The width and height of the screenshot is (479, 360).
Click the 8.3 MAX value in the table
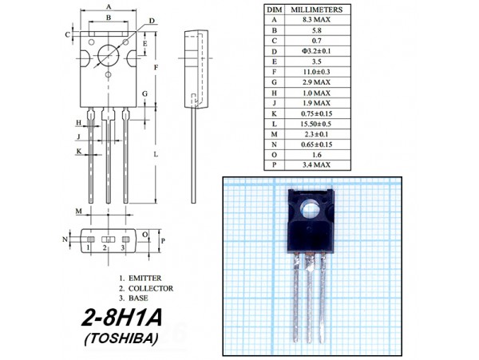(x=316, y=20)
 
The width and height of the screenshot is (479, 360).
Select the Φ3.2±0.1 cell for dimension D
(x=316, y=51)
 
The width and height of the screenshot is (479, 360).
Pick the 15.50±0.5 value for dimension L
(x=316, y=124)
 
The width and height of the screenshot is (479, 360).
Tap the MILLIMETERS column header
(x=316, y=10)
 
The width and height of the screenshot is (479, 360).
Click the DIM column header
(x=275, y=10)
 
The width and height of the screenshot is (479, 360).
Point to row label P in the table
(x=275, y=165)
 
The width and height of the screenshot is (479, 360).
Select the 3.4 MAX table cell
(x=316, y=165)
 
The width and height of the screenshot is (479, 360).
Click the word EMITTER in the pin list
(x=145, y=278)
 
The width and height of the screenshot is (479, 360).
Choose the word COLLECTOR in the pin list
(x=151, y=288)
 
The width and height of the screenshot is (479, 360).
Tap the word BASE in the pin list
(x=138, y=298)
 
